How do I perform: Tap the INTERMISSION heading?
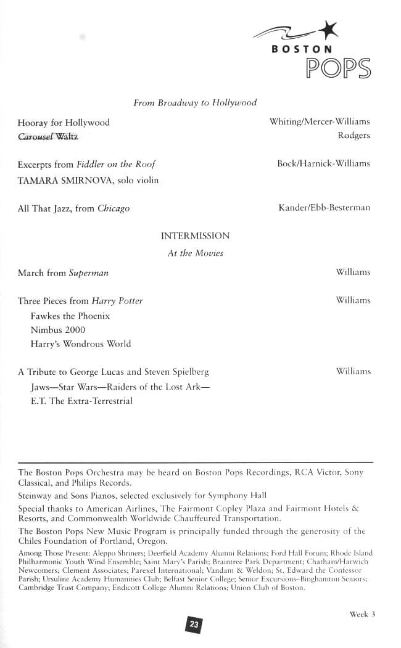pyautogui.click(x=195, y=236)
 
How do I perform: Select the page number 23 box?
pyautogui.click(x=194, y=625)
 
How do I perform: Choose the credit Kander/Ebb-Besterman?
pyautogui.click(x=324, y=208)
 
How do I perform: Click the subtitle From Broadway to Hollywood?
pyautogui.click(x=195, y=103)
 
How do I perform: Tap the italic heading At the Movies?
pyautogui.click(x=195, y=253)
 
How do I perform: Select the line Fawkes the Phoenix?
pyautogui.click(x=70, y=316)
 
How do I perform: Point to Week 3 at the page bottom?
pyautogui.click(x=362, y=614)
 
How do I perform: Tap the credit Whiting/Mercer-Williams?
pyautogui.click(x=320, y=122)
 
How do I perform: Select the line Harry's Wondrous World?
pyautogui.click(x=80, y=344)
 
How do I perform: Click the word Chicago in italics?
pyautogui.click(x=114, y=208)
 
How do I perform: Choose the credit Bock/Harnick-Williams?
pyautogui.click(x=323, y=163)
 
